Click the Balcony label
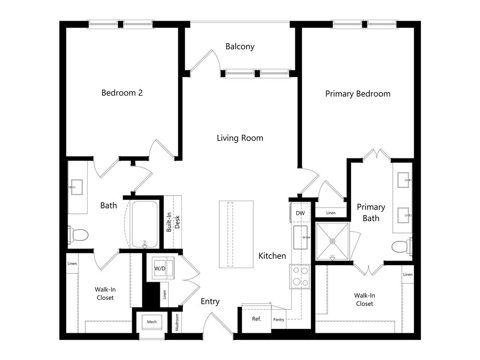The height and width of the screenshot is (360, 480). [240, 46]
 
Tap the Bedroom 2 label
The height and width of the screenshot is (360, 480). [122, 93]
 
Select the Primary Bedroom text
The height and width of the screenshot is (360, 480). [358, 94]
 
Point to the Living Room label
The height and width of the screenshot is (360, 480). [240, 138]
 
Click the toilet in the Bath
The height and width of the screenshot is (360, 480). [78, 235]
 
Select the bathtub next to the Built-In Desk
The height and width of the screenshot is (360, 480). [144, 225]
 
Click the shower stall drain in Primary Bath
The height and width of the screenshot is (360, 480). [332, 241]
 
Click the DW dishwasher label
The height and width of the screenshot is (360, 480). [300, 213]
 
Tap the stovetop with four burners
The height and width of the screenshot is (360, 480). [300, 277]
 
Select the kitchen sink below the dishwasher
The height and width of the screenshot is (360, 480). [300, 237]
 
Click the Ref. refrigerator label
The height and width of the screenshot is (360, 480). [256, 319]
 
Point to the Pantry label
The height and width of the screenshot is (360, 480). [278, 320]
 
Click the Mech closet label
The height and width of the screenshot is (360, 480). [152, 322]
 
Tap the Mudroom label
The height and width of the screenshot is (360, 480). [177, 322]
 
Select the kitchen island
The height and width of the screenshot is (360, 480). [236, 234]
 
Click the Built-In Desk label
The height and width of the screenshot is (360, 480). [173, 222]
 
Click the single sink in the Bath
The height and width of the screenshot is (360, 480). [76, 187]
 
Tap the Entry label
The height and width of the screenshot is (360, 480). [210, 301]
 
